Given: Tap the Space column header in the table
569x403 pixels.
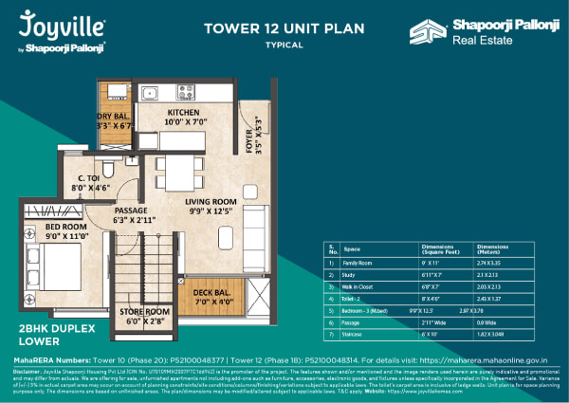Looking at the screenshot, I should coord(351,246).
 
